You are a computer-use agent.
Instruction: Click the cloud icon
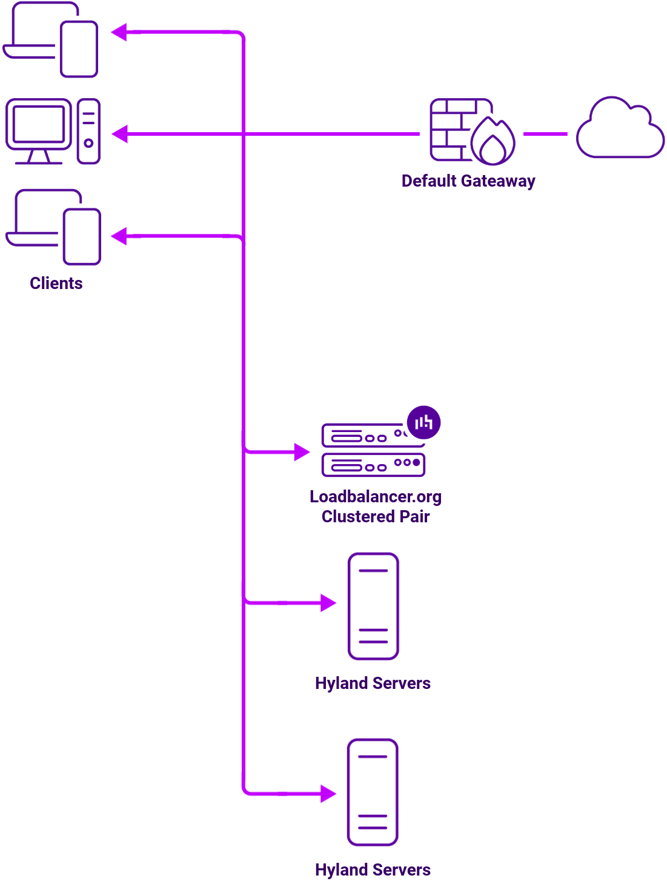pos(620,130)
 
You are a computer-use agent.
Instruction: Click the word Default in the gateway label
pos(429,181)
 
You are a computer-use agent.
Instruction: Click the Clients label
pos(56,284)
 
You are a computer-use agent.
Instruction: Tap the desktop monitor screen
pos(39,124)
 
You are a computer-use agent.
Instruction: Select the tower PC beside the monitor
pos(88,131)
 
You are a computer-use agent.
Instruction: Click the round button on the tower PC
pos(88,144)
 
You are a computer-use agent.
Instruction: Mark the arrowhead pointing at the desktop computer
pos(119,134)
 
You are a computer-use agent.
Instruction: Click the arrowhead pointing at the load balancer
pos(302,451)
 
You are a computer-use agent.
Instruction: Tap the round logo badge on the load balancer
pos(423,422)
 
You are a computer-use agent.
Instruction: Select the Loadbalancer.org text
pos(375,497)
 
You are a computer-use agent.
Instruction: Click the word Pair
pos(415,517)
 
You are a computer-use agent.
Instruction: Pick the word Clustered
pos(358,517)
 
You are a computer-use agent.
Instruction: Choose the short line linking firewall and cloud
pos(545,134)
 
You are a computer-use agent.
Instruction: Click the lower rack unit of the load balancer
pos(373,465)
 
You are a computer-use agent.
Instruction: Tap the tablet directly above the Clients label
pos(82,237)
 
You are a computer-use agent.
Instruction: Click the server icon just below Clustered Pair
pos(373,606)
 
